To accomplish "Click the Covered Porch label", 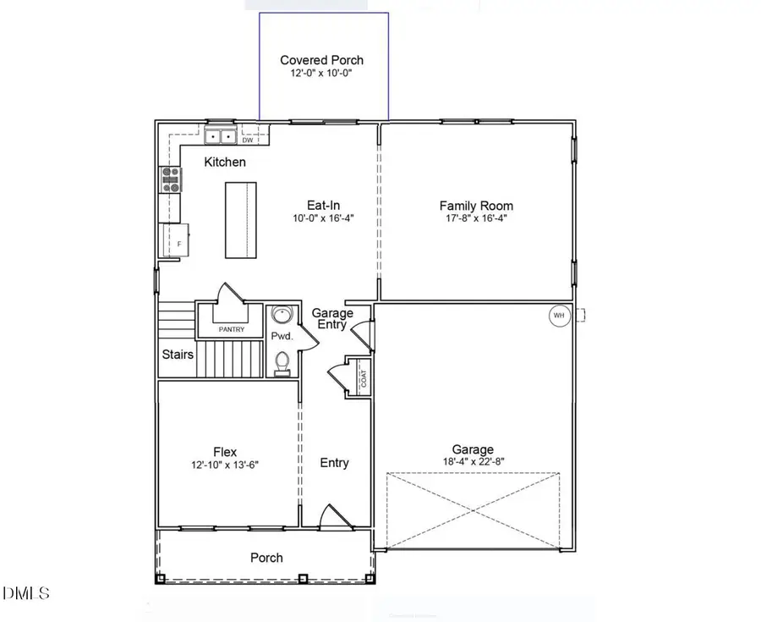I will pyautogui.click(x=321, y=60).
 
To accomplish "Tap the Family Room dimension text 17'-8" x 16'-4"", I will pyautogui.click(x=476, y=219).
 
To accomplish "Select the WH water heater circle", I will pyautogui.click(x=558, y=316).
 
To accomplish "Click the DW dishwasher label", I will pyautogui.click(x=248, y=140).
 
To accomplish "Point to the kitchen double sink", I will pyautogui.click(x=222, y=136).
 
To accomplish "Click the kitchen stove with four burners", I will pyautogui.click(x=171, y=181).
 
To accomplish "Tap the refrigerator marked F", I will pyautogui.click(x=176, y=239).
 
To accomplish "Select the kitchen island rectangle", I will pyautogui.click(x=240, y=219).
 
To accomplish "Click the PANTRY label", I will pyautogui.click(x=231, y=329).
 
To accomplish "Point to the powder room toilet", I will pyautogui.click(x=282, y=364).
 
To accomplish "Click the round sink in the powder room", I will pyautogui.click(x=281, y=317).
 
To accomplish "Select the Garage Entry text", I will pyautogui.click(x=332, y=319).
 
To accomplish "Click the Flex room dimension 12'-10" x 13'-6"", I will pyautogui.click(x=223, y=465).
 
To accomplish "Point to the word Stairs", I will pyautogui.click(x=178, y=355).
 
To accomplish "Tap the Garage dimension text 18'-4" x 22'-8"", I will pyautogui.click(x=473, y=463).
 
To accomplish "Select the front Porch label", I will pyautogui.click(x=266, y=558).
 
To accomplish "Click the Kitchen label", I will pyautogui.click(x=225, y=162).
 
